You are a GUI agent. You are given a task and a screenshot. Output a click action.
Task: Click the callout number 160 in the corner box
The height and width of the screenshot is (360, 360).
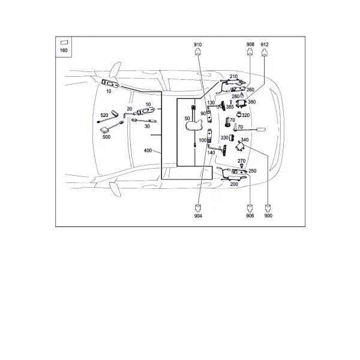click(x=64, y=50)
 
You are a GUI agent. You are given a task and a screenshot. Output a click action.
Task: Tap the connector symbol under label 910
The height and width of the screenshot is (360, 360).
click(x=197, y=52)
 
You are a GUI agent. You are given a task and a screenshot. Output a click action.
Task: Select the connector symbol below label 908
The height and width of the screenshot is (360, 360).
click(x=250, y=52)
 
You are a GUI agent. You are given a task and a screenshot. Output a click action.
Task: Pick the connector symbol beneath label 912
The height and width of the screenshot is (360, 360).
click(x=265, y=53)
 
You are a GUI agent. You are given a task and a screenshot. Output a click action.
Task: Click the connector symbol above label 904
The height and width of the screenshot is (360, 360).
click(x=198, y=208)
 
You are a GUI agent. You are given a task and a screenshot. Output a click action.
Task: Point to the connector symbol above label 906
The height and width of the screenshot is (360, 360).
click(x=250, y=208)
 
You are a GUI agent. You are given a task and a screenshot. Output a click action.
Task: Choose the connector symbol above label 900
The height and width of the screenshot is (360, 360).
click(x=268, y=208)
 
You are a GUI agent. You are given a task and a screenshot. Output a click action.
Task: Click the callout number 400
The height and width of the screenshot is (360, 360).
click(x=148, y=151)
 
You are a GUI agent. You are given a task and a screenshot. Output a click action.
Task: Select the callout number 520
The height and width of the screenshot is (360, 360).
click(x=104, y=115)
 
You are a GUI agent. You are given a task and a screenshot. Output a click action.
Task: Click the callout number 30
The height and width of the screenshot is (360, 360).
click(x=147, y=126)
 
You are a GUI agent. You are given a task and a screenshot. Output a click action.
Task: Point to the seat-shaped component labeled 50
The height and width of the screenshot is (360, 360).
click(x=194, y=126)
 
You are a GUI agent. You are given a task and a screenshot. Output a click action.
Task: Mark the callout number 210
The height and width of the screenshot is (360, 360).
click(x=233, y=76)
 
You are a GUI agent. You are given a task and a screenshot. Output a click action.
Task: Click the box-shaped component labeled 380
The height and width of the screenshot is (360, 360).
click(x=241, y=104)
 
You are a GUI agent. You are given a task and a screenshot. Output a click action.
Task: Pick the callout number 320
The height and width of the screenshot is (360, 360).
click(x=245, y=115)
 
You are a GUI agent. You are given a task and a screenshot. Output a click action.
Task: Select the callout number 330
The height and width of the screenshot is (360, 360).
click(x=224, y=138)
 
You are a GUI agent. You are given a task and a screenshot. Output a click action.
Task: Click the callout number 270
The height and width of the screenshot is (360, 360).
click(x=241, y=161)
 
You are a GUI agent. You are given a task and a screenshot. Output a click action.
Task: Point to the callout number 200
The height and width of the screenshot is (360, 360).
click(x=234, y=184)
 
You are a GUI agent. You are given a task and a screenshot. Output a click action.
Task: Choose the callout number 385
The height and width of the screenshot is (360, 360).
click(x=230, y=107)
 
